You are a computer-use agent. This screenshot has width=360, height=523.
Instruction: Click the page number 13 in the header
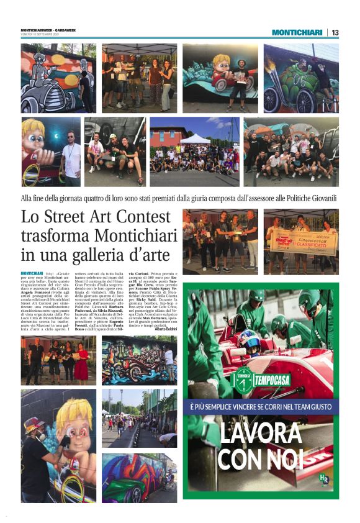click(x=335, y=32)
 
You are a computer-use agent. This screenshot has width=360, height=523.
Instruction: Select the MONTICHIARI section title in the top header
click(x=297, y=32)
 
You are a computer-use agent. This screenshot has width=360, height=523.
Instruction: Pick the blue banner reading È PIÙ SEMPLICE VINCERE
click(x=261, y=407)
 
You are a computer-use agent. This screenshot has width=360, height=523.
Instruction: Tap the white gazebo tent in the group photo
click(x=196, y=139)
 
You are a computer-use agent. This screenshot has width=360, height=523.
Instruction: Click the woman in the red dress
click(x=81, y=361)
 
